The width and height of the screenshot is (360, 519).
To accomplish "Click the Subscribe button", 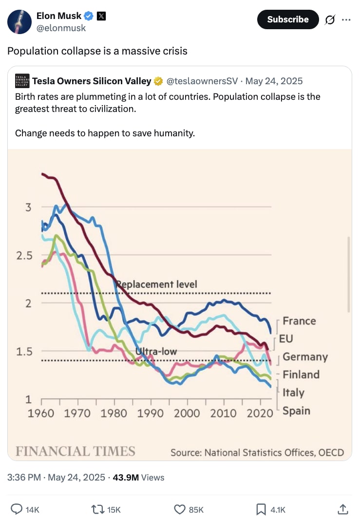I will [x=287, y=19].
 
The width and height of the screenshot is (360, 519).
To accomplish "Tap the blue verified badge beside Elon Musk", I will [x=89, y=16].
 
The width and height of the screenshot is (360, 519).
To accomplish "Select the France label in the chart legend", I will [x=299, y=321].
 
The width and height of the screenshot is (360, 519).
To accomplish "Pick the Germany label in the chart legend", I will [x=305, y=357].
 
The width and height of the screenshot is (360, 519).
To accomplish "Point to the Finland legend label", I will [x=301, y=374].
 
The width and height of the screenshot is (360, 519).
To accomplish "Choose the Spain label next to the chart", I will [x=296, y=410].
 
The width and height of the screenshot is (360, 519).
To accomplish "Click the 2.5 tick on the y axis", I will [x=24, y=256].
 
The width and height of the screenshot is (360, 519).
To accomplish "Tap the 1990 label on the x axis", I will [x=151, y=413].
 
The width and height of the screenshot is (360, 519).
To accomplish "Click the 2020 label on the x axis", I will [x=260, y=413].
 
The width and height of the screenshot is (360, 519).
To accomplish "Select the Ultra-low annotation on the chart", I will [x=156, y=352].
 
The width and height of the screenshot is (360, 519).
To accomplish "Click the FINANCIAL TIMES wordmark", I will [x=76, y=451].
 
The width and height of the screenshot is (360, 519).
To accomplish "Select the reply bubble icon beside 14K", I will [x=17, y=509].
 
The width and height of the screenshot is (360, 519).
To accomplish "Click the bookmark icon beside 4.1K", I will [x=261, y=509].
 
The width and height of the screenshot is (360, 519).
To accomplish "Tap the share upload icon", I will [x=343, y=509].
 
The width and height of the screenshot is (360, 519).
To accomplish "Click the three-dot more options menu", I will [x=346, y=20].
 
